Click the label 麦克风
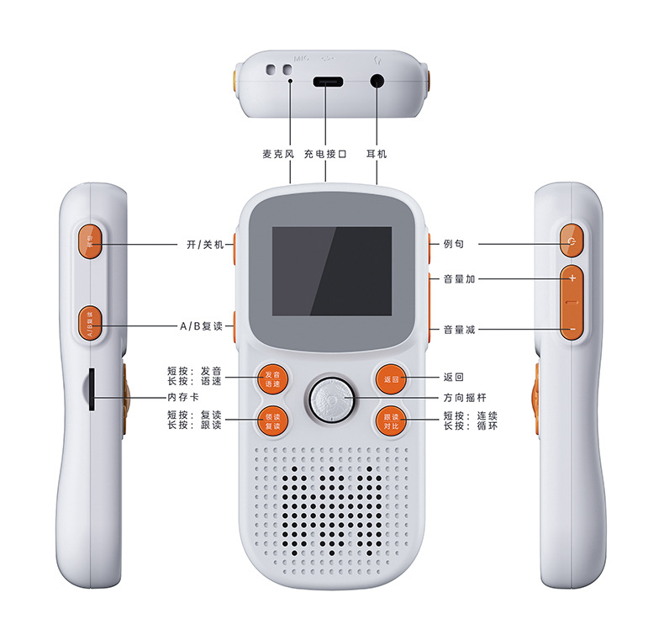278,155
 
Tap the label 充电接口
325,155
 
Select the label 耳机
377,155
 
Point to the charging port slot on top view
325,83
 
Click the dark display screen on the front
331,271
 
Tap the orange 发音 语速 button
272,379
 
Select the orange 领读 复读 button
272,420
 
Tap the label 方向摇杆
465,398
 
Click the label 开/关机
204,245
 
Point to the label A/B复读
201,325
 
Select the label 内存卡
182,397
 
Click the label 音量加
460,279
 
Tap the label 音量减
460,330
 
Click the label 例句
454,245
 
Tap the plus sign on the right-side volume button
572,278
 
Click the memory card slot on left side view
91,388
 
